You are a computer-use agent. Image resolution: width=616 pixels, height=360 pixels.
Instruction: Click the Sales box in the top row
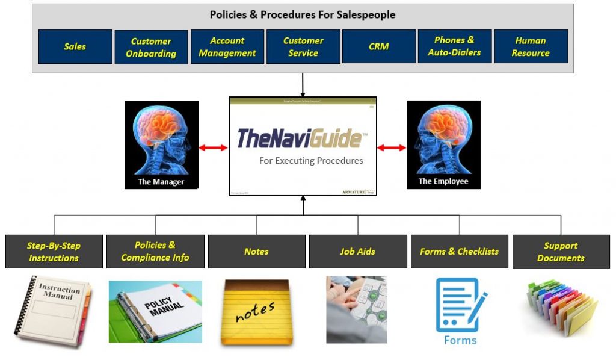tap(75, 47)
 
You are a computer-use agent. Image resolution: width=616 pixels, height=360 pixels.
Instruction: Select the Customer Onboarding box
tap(151, 48)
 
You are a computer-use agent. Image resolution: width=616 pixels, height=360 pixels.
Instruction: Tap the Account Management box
tap(227, 47)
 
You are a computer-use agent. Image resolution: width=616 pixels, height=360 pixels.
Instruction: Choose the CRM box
tap(379, 47)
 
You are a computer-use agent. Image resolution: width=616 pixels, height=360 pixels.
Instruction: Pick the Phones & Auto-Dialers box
tap(455, 47)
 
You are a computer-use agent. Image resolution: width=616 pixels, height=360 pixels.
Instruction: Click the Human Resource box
tap(531, 47)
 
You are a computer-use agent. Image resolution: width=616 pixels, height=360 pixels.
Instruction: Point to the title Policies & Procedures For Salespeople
tap(303, 14)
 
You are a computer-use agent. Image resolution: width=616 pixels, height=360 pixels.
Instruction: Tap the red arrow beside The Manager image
tap(213, 147)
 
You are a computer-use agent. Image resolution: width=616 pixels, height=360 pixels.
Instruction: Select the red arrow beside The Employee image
tap(392, 147)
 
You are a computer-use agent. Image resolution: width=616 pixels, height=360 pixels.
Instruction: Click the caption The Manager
tap(161, 181)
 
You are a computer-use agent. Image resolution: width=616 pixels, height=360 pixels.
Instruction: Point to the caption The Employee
tap(443, 181)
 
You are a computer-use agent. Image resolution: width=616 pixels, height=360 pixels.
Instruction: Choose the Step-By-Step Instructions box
tap(54, 252)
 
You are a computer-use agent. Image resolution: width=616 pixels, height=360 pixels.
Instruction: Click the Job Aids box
tap(358, 252)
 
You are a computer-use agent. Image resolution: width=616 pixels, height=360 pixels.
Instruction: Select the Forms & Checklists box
tap(460, 252)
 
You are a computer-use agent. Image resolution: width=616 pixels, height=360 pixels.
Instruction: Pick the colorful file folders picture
tap(561, 308)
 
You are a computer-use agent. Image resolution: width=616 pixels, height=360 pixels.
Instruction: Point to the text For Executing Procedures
tap(311, 161)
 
